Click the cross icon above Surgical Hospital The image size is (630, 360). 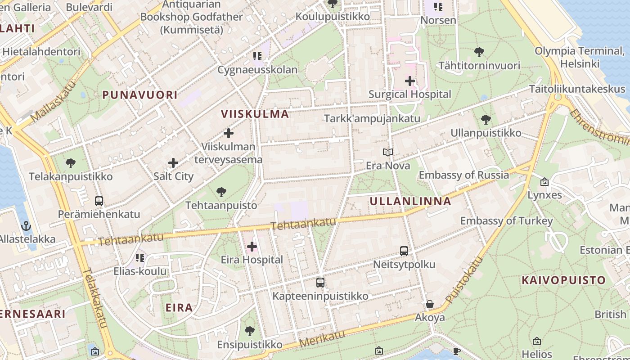pos(409,81)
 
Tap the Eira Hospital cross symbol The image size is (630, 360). pos(252,247)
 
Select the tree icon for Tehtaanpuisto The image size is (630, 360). pos(221,192)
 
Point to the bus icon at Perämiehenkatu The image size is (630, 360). pos(99,201)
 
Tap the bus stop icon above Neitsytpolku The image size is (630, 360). pos(404,251)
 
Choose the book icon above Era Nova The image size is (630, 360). pos(388,153)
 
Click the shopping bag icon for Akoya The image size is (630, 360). pos(430,305)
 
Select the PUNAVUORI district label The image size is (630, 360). pos(139,95)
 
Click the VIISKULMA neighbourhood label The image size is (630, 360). pos(255,114)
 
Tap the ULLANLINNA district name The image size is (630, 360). pos(410,201)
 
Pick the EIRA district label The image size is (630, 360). pos(179,308)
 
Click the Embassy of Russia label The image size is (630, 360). pos(464,175)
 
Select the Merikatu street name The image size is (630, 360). pos(322,338)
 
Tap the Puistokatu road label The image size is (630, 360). pos(464,280)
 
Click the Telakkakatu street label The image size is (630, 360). pos(95,298)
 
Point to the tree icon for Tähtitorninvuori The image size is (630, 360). pos(479,52)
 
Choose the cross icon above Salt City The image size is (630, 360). pos(173,163)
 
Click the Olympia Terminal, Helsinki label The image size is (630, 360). pos(580,57)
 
